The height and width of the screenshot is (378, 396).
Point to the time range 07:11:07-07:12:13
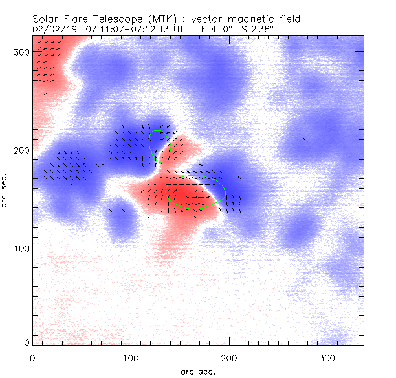126,29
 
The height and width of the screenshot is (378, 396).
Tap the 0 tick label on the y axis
26,342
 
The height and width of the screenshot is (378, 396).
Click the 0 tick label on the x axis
33,357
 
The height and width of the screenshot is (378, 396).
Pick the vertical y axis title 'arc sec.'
5,190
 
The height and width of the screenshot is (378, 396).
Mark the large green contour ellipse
195,193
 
